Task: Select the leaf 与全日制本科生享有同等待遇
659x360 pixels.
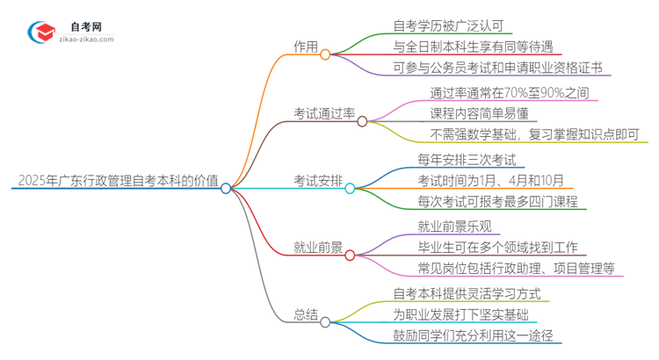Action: click(x=474, y=46)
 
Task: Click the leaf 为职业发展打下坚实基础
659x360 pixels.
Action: click(x=461, y=313)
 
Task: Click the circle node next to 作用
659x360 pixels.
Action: click(x=325, y=54)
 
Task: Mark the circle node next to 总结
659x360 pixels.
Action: click(x=325, y=322)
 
